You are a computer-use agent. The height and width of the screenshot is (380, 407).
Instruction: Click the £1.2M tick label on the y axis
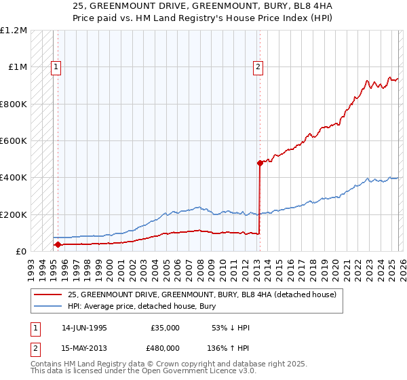[14, 31]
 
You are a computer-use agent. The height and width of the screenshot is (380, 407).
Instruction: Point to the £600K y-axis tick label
[14, 141]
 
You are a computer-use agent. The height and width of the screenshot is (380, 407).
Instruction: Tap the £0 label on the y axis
[21, 252]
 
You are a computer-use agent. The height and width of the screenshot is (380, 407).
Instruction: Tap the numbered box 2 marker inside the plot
[258, 66]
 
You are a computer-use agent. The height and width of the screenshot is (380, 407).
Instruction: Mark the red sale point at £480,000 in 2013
[259, 163]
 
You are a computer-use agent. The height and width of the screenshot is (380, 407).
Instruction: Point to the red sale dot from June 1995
[58, 245]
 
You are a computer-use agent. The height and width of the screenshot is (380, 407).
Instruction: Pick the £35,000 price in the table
[165, 328]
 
